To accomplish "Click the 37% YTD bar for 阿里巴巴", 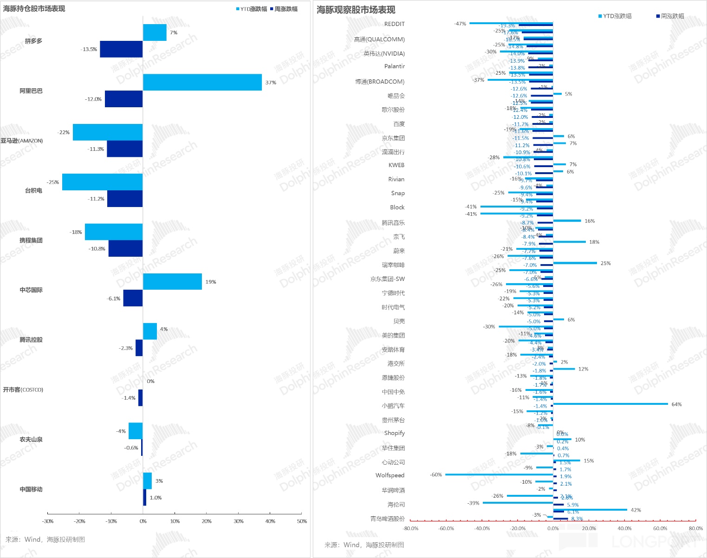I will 202,82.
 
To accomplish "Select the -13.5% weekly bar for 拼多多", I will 121,49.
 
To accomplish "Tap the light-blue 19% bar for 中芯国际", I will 172,281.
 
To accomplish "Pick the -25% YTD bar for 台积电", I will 102,182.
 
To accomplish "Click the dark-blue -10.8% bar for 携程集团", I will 125,248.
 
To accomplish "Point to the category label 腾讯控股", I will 31,340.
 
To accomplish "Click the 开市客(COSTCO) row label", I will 23,389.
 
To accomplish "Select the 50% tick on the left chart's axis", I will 302,521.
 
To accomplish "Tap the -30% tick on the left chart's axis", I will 48,521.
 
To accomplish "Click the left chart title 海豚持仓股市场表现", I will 34,9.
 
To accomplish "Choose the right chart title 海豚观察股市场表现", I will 356,10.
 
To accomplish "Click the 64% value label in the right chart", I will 676,404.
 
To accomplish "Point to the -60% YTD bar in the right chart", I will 499,474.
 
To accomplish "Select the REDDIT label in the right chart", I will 394,24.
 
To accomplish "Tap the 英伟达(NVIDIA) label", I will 384,53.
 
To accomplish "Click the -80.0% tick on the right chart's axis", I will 411,528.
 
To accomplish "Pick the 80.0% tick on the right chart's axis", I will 695,528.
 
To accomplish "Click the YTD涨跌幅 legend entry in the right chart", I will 615,16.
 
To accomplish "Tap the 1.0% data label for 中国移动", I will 156,498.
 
